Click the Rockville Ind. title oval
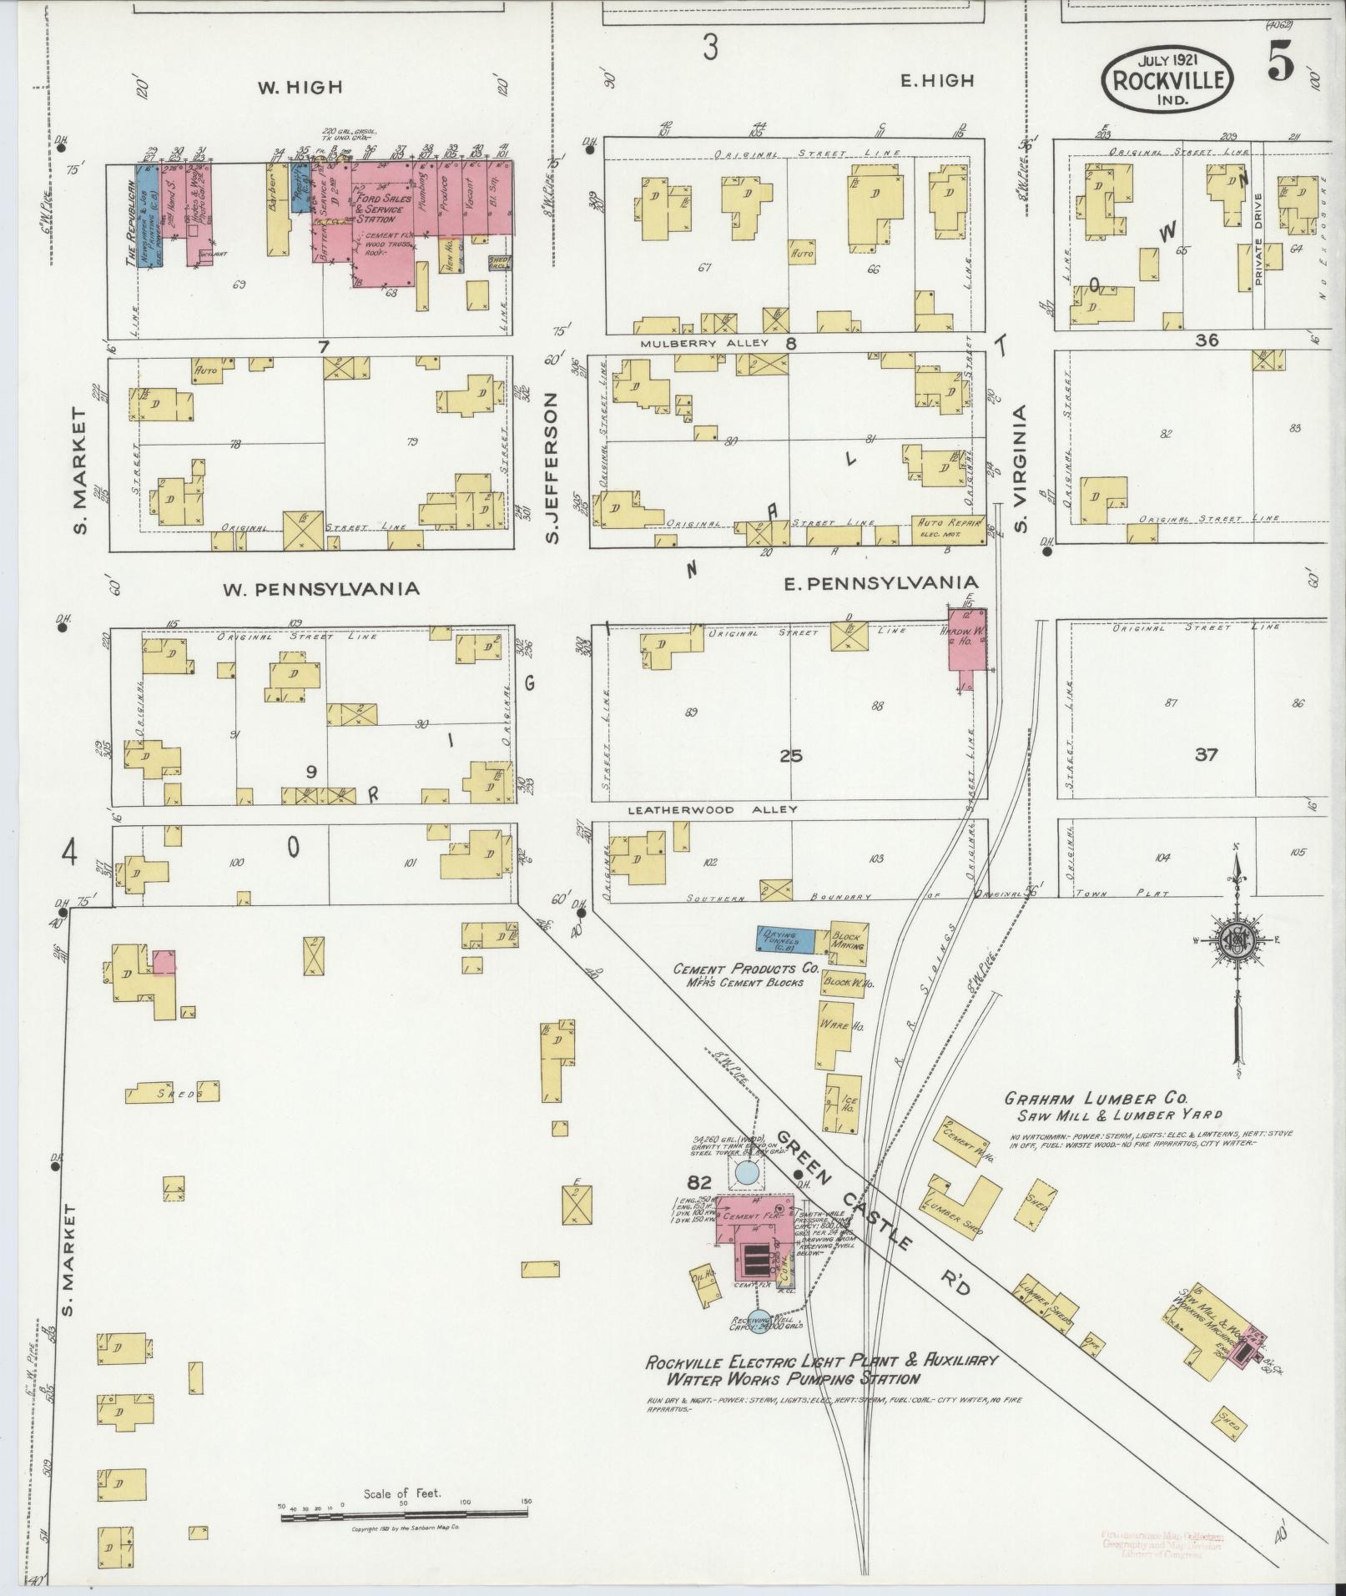click(1167, 81)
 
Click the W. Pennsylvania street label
click(320, 589)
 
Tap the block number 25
click(790, 756)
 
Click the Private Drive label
click(1258, 240)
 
